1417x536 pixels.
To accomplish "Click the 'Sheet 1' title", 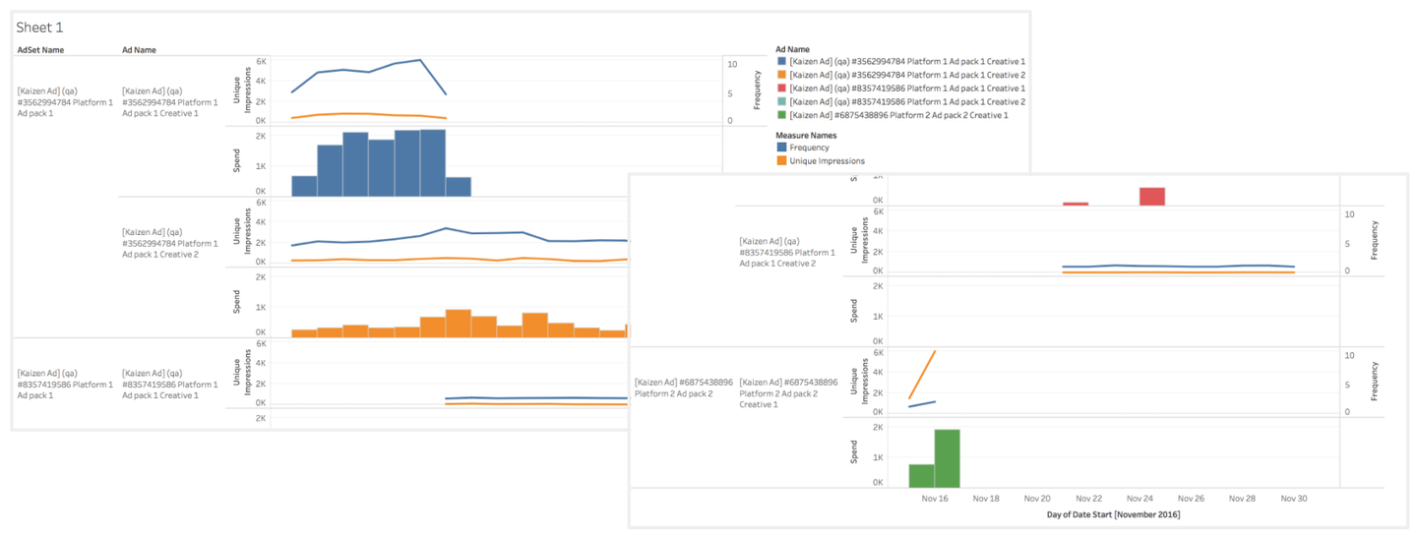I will coord(39,28).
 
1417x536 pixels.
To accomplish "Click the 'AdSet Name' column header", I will coord(40,50).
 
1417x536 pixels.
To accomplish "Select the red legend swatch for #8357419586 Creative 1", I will coord(782,89).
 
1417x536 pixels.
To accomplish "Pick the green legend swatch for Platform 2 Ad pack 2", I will coord(782,115).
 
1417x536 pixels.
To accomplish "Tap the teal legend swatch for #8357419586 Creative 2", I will coord(782,102).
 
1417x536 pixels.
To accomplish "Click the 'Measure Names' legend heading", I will coord(808,134).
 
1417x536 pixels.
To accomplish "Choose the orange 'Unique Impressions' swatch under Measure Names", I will coord(782,160).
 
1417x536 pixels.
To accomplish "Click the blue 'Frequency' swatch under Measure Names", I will coord(782,148).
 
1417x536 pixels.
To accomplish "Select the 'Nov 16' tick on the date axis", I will coord(935,499).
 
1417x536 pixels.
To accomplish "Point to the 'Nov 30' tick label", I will coord(1294,499).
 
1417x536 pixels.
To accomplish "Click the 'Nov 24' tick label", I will coord(1140,499).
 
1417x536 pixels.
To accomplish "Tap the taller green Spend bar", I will coord(947,458).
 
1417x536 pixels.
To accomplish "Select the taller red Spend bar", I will coord(1152,197).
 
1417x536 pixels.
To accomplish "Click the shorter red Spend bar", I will coord(1076,204).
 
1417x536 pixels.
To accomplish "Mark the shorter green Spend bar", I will coord(921,476).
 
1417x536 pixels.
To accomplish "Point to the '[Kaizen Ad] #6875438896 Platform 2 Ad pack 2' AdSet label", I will coord(683,387).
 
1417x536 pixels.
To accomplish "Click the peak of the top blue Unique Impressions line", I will coord(420,60).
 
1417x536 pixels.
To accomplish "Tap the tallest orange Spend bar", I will coord(459,324).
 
